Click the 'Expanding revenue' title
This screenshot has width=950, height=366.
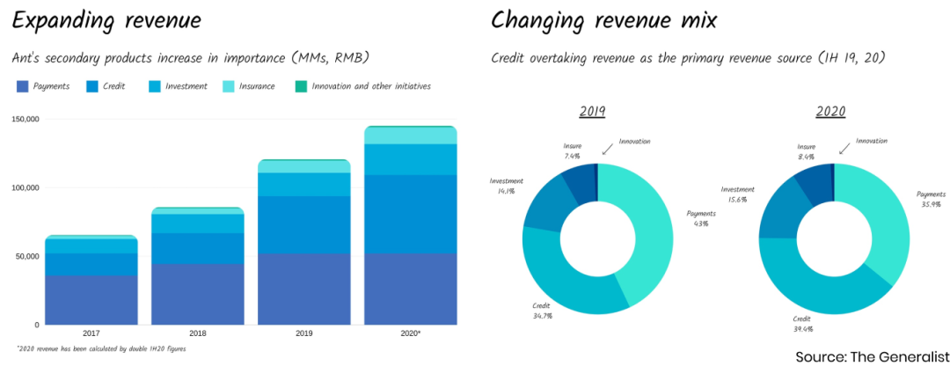click(106, 20)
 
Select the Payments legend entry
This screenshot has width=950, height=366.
click(44, 86)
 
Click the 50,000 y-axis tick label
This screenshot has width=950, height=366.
click(26, 257)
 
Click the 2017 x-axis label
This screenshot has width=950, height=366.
click(91, 334)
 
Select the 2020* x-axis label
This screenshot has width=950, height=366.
click(411, 334)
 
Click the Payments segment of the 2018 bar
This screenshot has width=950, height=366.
click(198, 294)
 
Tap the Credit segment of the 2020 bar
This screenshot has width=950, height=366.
click(411, 214)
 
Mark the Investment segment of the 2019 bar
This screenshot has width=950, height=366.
click(304, 184)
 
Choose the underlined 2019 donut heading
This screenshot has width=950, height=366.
click(592, 112)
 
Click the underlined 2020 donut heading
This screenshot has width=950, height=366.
click(829, 112)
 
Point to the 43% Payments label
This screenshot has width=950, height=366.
click(699, 217)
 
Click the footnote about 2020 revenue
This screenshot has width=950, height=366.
click(101, 349)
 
